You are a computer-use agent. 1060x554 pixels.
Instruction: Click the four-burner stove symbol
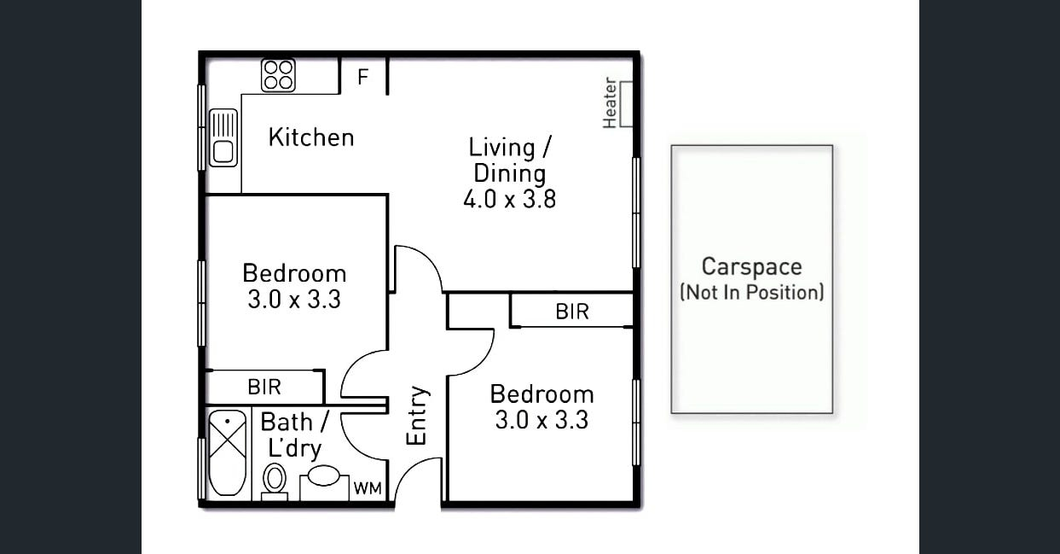click(278, 75)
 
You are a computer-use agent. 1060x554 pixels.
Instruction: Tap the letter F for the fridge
click(363, 76)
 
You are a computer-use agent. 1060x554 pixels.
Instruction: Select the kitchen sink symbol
click(223, 137)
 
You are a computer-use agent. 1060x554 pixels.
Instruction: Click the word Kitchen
click(311, 137)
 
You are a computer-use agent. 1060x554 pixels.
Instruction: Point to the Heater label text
click(610, 102)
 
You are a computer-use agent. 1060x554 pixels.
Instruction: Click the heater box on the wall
click(627, 103)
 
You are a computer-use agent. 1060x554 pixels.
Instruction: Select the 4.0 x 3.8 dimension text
click(510, 199)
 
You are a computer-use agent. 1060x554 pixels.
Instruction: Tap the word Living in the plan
click(501, 148)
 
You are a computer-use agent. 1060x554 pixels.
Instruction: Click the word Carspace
click(752, 266)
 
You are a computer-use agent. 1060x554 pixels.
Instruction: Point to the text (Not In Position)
click(752, 292)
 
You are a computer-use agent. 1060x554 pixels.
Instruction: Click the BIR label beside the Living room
click(572, 312)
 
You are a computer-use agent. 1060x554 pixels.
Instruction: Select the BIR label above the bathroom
click(264, 387)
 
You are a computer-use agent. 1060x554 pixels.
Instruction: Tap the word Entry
click(417, 415)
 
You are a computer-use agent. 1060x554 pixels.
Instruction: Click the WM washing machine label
click(368, 488)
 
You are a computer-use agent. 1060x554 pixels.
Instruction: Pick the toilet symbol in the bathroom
click(275, 481)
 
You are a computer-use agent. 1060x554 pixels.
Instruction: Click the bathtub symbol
click(228, 453)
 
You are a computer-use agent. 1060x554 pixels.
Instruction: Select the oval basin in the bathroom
click(324, 475)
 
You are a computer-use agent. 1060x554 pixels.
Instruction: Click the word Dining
click(510, 173)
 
